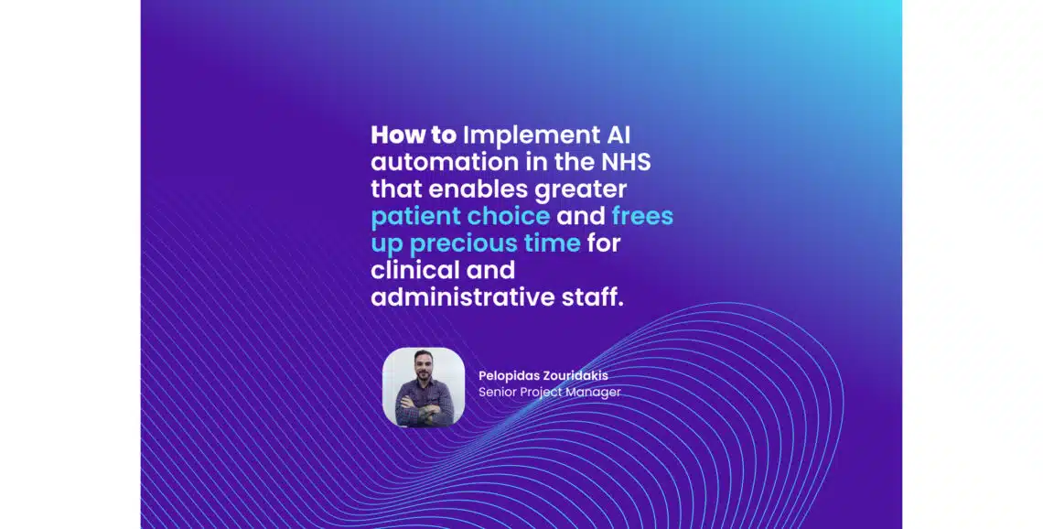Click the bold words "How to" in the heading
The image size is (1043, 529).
point(413,135)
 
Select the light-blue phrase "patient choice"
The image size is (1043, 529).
point(460,217)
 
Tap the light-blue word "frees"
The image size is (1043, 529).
point(642,217)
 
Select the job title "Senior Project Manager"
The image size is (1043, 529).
point(549,392)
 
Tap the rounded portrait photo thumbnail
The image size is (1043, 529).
point(423,387)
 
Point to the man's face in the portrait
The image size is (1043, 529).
point(423,371)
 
